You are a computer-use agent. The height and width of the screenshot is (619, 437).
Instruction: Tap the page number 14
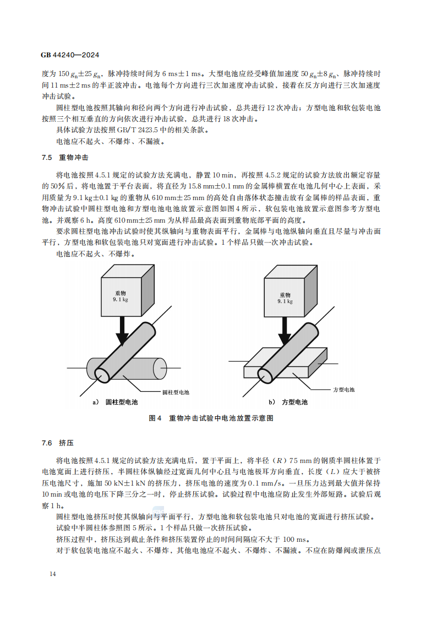click(53, 574)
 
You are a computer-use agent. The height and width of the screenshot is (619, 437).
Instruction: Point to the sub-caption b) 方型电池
click(288, 402)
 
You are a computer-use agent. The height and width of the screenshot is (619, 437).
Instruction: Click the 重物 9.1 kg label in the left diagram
click(121, 297)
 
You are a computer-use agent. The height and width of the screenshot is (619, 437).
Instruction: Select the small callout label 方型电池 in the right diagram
click(344, 390)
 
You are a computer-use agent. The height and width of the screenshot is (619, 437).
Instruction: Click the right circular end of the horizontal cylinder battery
click(160, 367)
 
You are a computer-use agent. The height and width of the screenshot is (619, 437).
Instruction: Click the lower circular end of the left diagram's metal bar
click(103, 373)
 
